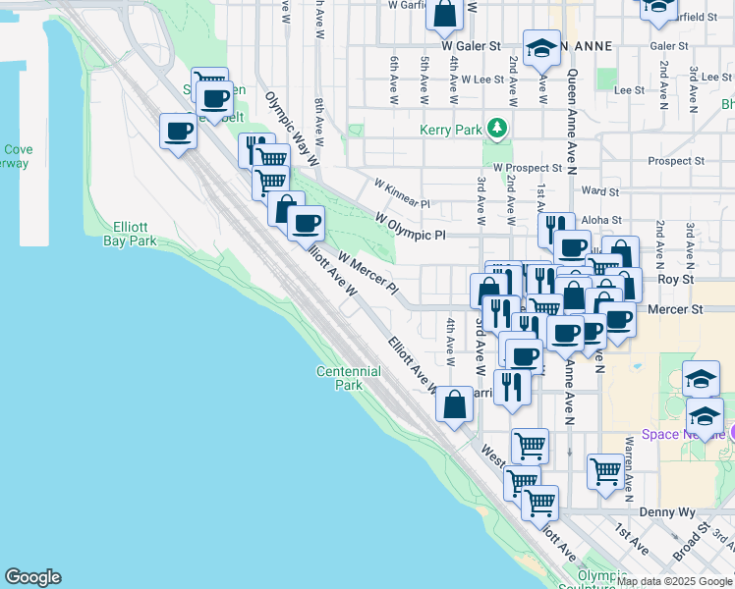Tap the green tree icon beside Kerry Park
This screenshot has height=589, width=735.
(498, 128)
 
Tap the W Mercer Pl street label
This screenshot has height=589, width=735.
(367, 274)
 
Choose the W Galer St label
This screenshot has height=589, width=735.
(471, 45)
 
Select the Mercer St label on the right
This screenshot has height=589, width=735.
(676, 308)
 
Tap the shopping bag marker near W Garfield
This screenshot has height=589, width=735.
(444, 14)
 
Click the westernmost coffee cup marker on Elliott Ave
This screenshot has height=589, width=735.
(178, 131)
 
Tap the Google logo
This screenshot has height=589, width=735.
(32, 577)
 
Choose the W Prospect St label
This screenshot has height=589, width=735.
(529, 168)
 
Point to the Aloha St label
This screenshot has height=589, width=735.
(601, 221)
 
